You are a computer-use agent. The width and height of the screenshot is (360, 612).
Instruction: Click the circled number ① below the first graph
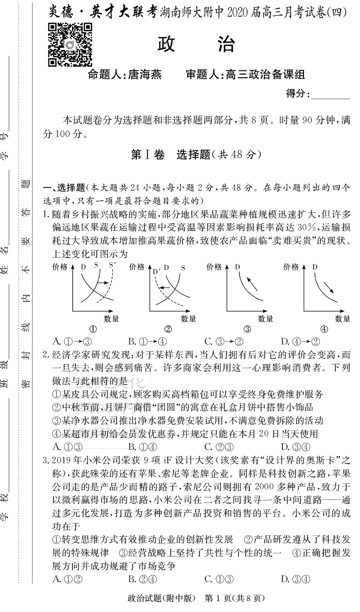coord(93,329)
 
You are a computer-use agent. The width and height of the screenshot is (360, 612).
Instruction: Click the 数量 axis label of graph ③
coord(265,318)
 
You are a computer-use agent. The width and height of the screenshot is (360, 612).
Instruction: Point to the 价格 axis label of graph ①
coord(60,267)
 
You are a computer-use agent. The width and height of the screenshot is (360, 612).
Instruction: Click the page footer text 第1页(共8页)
coord(235,598)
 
